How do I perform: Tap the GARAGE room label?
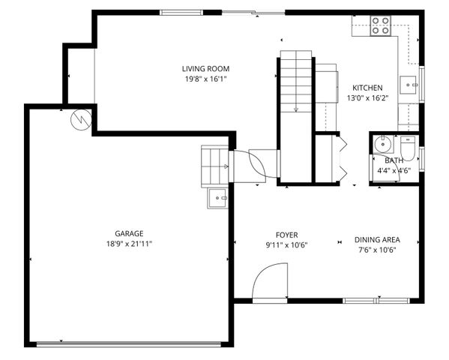tap(129, 233)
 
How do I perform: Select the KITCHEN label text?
tap(367, 88)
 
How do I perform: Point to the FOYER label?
tap(286, 235)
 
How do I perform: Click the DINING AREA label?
tap(376, 240)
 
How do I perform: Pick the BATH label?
tap(394, 160)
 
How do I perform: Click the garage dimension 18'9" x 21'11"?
tap(129, 244)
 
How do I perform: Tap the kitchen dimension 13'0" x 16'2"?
tap(367, 97)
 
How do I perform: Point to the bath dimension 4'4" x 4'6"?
tap(394, 170)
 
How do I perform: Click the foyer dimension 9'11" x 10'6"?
tap(286, 245)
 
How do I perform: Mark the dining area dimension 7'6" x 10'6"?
tap(376, 250)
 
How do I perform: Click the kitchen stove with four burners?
tap(380, 26)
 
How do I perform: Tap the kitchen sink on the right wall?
tap(410, 85)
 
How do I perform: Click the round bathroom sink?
tap(381, 143)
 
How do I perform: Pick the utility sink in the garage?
tap(217, 198)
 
